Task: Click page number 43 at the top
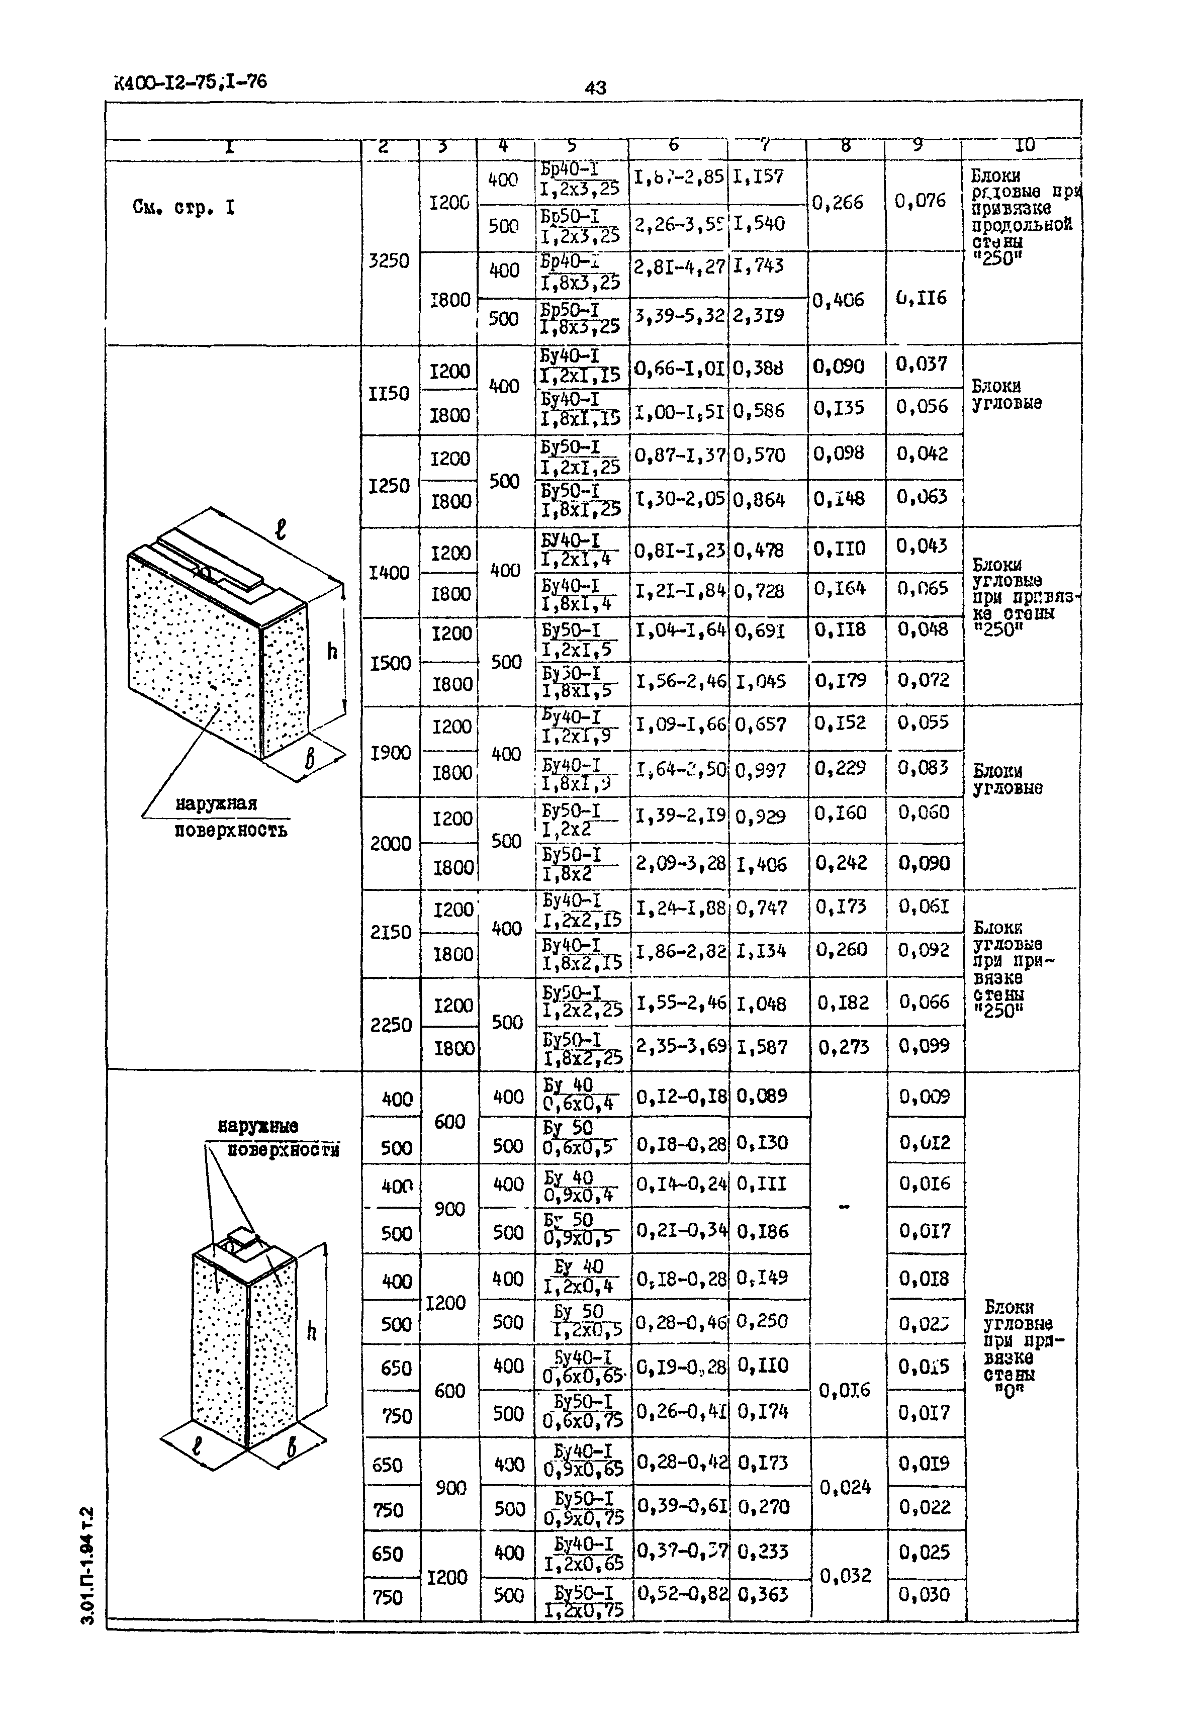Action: [595, 88]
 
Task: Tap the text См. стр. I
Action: [184, 207]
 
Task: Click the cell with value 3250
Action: [389, 261]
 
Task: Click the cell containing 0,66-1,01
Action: [679, 367]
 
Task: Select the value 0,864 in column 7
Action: [759, 500]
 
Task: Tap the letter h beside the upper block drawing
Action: [332, 652]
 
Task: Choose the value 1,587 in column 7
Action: [761, 1047]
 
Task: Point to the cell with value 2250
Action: [391, 1025]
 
